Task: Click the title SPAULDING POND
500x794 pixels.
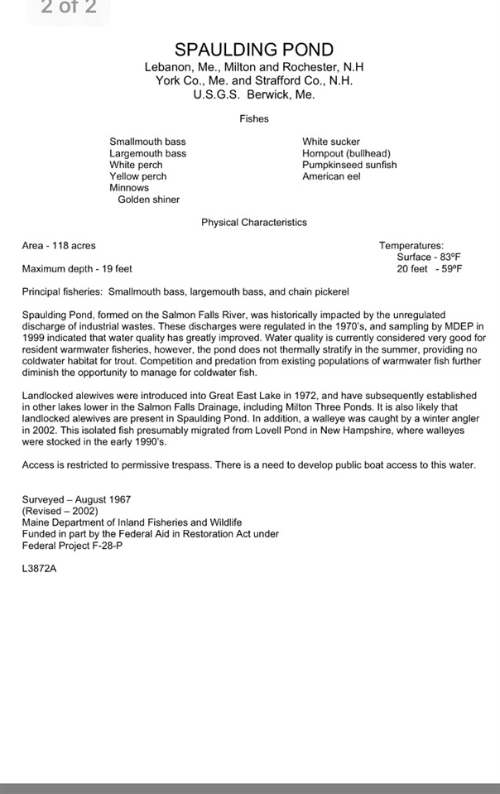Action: tap(254, 51)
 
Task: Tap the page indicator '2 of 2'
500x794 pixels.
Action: tap(69, 8)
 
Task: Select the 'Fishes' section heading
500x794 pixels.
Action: tap(254, 119)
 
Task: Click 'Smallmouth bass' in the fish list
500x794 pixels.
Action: tap(147, 142)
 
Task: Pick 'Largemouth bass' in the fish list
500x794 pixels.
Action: tap(147, 154)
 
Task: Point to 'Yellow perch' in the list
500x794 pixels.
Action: tap(137, 176)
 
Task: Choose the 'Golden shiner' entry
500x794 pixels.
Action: tap(148, 200)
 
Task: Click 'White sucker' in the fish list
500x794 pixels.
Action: tap(331, 142)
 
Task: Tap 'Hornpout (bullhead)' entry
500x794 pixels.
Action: tap(346, 154)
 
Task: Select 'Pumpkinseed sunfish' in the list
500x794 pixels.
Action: tap(349, 165)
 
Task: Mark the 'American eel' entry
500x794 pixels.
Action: tap(331, 176)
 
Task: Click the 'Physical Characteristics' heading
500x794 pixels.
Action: tap(253, 223)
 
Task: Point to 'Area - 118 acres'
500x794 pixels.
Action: tap(59, 246)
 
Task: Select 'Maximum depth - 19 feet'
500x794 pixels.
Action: tap(77, 269)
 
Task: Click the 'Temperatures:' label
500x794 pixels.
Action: tap(411, 246)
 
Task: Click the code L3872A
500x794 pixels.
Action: tap(40, 570)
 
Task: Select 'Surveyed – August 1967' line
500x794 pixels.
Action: tap(76, 500)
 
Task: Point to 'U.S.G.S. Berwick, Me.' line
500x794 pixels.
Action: tap(254, 94)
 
